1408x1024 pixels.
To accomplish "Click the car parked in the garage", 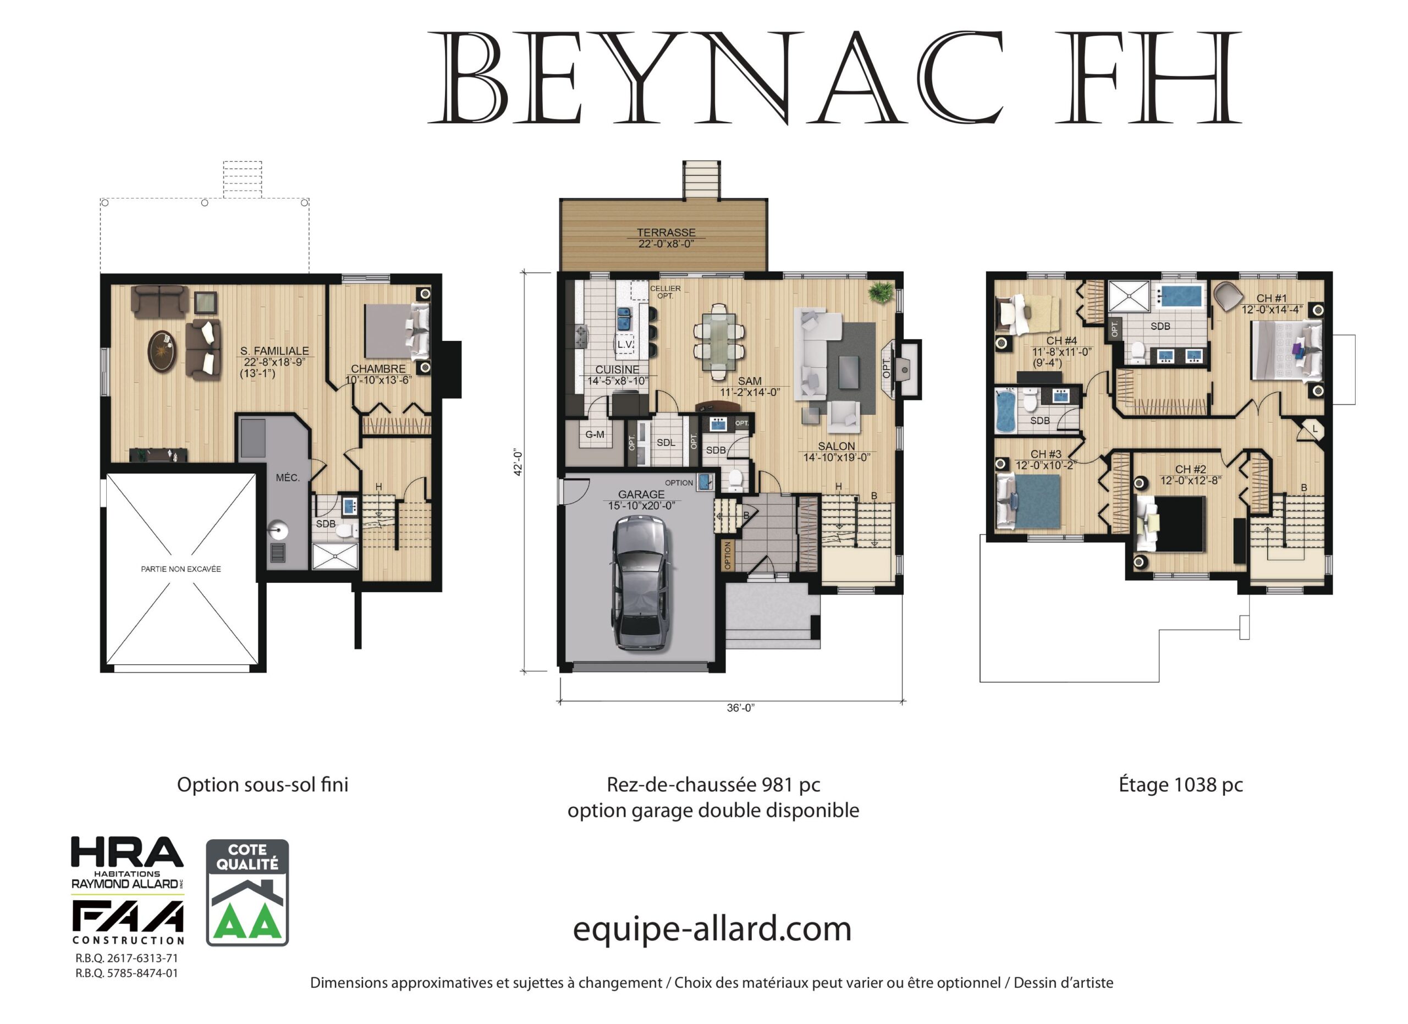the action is [641, 583].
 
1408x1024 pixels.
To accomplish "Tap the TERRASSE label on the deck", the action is [666, 232].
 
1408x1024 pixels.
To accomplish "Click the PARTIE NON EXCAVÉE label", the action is [180, 569].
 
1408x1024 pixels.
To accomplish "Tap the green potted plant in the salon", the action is [881, 291].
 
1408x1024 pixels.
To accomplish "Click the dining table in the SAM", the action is [718, 342].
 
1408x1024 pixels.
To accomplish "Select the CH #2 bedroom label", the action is [1191, 469].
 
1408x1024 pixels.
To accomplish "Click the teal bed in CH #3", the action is [1029, 501].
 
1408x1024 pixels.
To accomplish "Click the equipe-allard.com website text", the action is [712, 929].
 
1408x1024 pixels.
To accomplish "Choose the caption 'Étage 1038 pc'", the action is [1181, 784].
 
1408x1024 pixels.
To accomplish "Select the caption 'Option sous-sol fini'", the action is [262, 784].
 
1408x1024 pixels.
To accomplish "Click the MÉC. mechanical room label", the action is [288, 477].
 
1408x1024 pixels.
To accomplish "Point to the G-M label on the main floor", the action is [595, 434].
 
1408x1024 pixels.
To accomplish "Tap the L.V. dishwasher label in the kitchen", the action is [625, 344].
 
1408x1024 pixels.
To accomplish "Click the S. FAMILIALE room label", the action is [274, 351].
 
